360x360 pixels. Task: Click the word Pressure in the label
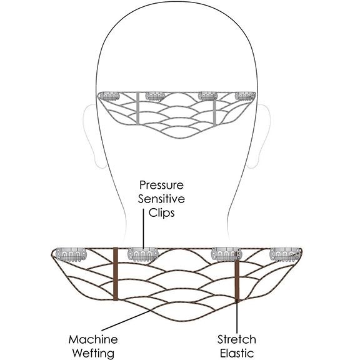(x=161, y=185)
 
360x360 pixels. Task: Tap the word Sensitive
(x=161, y=199)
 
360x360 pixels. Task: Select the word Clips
(x=161, y=212)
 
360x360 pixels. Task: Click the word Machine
(x=93, y=339)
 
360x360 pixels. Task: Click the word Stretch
(x=237, y=339)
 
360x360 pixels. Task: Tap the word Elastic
(x=237, y=353)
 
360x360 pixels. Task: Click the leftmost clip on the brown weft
(x=71, y=254)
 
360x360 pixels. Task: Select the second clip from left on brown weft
(x=143, y=254)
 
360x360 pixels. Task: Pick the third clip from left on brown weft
(x=226, y=254)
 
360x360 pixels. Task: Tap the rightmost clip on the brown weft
(x=286, y=254)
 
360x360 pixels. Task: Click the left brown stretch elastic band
(x=116, y=274)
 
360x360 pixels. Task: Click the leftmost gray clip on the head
(x=109, y=96)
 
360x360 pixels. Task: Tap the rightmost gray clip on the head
(x=245, y=96)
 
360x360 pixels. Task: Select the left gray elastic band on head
(x=137, y=108)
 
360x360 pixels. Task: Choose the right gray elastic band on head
(x=214, y=111)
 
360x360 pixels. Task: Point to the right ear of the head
(x=262, y=136)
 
